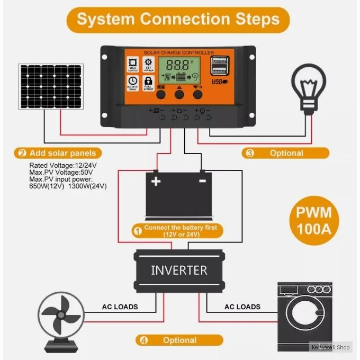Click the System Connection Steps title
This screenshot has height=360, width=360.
(178, 20)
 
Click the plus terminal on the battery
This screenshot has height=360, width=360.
(156, 182)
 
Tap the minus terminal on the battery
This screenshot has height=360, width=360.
(202, 181)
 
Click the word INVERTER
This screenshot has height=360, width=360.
(179, 270)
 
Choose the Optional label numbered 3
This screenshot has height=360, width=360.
(285, 154)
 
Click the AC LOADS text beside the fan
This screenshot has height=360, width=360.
(120, 307)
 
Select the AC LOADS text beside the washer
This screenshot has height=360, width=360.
(242, 307)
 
